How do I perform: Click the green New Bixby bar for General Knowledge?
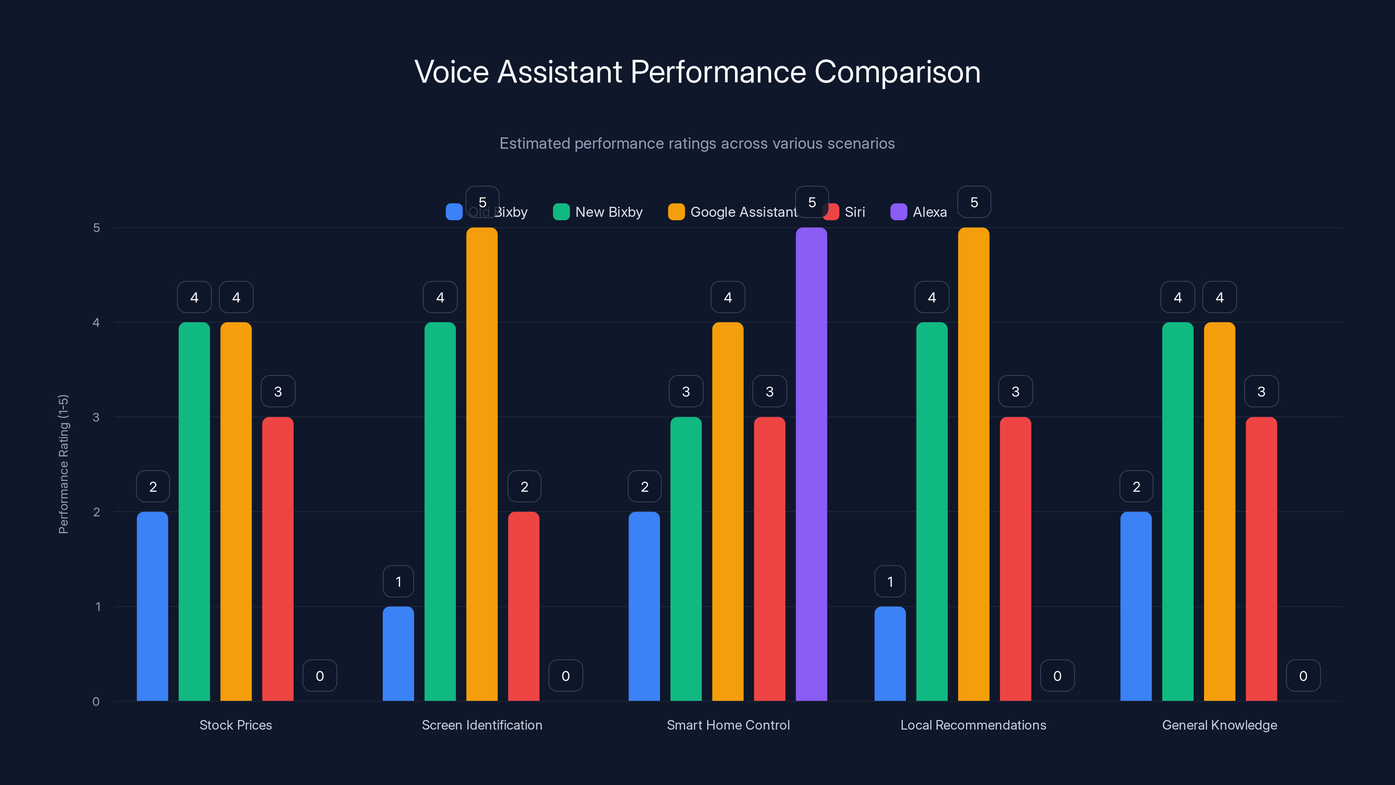(x=1177, y=512)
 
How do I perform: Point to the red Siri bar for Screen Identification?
(x=524, y=606)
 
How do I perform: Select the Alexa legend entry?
(x=919, y=212)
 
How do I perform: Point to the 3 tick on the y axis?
(x=96, y=417)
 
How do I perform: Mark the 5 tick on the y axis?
(x=96, y=228)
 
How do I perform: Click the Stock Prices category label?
(x=235, y=725)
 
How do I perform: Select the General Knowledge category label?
(x=1220, y=725)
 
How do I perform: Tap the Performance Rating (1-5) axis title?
(x=63, y=464)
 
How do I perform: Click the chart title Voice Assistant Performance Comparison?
(x=697, y=72)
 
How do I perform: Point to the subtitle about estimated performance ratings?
(x=697, y=143)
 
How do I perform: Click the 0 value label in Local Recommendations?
(x=1057, y=676)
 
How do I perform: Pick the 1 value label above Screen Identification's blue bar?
(x=398, y=581)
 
